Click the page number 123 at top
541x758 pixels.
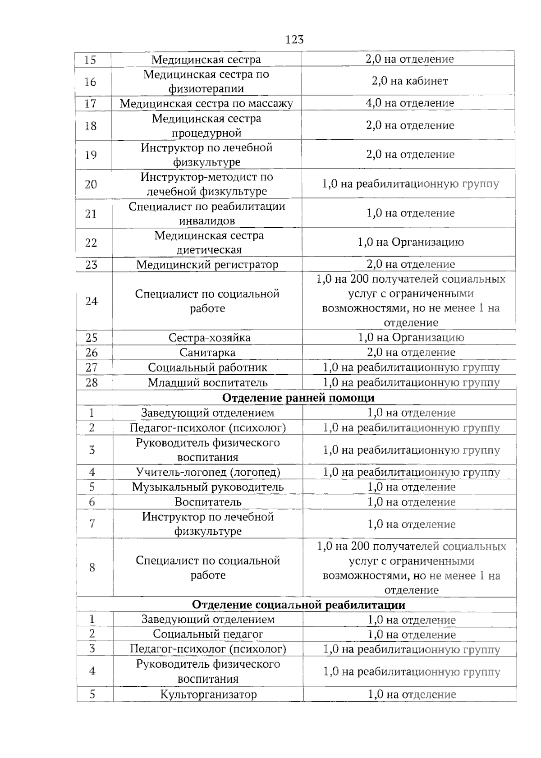294,40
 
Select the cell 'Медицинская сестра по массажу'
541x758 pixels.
206,103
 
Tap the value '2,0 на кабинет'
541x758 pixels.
409,81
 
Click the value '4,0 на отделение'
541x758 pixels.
409,103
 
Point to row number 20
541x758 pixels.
91,184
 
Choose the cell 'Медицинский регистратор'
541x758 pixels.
207,265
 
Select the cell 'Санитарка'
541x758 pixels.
207,353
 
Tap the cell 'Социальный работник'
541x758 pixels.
207,368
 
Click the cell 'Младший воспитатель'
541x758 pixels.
207,383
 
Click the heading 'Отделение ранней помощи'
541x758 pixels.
298,398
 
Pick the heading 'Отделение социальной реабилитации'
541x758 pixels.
298,605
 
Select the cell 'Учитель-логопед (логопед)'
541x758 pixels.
208,472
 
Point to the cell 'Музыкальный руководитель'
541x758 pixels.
208,487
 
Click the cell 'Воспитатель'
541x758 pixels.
208,502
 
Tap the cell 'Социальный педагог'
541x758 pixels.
208,634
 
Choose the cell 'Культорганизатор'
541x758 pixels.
208,694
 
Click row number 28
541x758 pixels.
92,383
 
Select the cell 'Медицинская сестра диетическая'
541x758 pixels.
209,243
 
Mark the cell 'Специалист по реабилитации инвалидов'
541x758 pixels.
207,213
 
